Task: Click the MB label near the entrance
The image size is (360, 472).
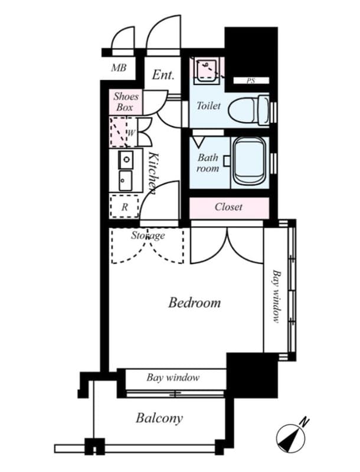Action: click(119, 68)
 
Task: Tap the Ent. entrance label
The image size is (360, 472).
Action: click(163, 75)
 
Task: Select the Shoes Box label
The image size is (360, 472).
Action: click(125, 102)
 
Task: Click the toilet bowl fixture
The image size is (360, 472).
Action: click(248, 109)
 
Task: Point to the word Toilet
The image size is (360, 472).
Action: click(208, 106)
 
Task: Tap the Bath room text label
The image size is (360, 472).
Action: click(208, 163)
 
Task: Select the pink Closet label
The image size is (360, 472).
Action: click(228, 207)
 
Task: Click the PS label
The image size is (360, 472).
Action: click(251, 81)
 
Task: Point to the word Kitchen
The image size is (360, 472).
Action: click(152, 173)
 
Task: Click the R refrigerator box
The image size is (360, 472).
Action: click(125, 207)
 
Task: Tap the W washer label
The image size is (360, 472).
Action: click(131, 133)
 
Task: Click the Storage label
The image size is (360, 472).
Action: click(148, 236)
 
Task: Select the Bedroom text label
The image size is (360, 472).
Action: click(194, 303)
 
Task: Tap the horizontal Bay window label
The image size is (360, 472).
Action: click(172, 378)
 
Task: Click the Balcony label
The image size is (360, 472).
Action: click(159, 419)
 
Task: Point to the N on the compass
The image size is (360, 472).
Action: click(304, 421)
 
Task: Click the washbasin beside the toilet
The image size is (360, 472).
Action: click(207, 69)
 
